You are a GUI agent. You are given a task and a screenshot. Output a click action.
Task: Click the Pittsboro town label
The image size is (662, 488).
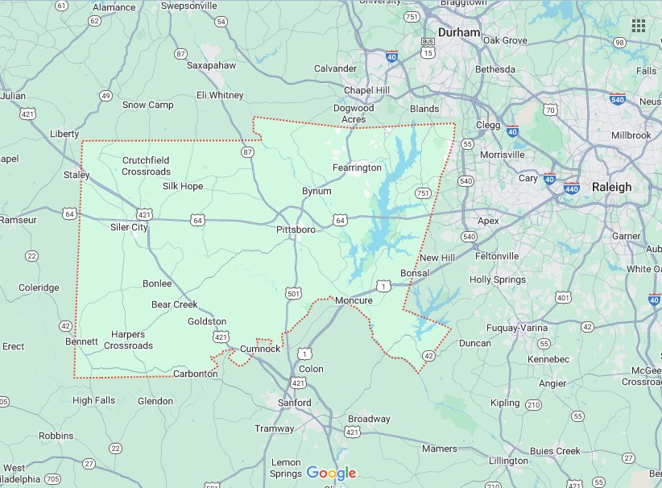[x=296, y=230]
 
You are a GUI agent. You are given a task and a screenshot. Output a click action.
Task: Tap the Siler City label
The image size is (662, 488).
[x=129, y=227]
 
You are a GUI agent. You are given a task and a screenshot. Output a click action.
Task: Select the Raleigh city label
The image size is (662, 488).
[x=611, y=187]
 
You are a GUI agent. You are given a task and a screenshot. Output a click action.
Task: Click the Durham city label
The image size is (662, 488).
[x=459, y=33]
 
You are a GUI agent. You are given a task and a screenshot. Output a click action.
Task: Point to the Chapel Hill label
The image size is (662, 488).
[x=367, y=90]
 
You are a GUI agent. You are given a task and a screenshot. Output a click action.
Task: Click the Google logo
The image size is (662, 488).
[x=331, y=473]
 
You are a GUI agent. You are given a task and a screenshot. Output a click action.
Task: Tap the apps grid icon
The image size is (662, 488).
[x=639, y=26]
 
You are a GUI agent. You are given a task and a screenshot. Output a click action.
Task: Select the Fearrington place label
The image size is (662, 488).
[x=357, y=167]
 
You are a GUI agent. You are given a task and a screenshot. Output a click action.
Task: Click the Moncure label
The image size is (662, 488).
[x=354, y=300]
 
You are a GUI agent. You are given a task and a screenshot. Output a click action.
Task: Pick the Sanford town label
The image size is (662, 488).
[x=294, y=402]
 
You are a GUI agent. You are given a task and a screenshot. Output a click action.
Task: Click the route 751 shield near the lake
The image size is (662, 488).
[x=423, y=193]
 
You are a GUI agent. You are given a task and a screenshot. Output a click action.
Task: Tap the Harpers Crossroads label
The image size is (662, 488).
[x=128, y=340]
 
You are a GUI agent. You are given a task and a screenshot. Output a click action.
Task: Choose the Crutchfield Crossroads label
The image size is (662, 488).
[x=146, y=166]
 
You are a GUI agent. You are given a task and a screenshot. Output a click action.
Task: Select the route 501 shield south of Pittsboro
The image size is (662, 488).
[x=294, y=295]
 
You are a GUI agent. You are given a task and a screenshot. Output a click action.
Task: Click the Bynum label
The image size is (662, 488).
[x=317, y=192]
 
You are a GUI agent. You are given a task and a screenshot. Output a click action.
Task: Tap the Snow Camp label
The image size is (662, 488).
[x=147, y=105]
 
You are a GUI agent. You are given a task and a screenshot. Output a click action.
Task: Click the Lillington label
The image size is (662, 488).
[x=507, y=461]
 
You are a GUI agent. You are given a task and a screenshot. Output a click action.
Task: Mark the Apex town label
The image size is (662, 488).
[x=488, y=221]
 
